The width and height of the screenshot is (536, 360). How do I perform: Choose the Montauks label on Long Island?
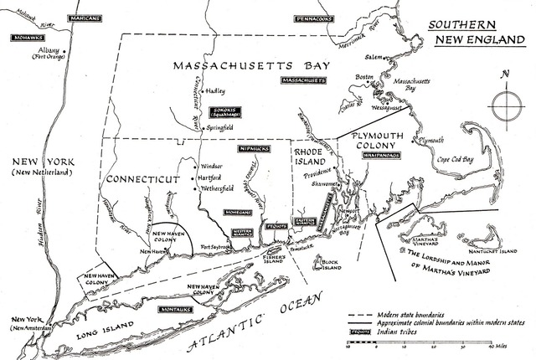[x=176, y=309]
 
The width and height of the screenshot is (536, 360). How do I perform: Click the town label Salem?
[x=373, y=57]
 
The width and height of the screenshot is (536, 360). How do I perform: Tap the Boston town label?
[x=363, y=76]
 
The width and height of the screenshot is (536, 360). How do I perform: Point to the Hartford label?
[x=212, y=177]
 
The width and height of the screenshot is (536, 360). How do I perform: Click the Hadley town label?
[x=215, y=91]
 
